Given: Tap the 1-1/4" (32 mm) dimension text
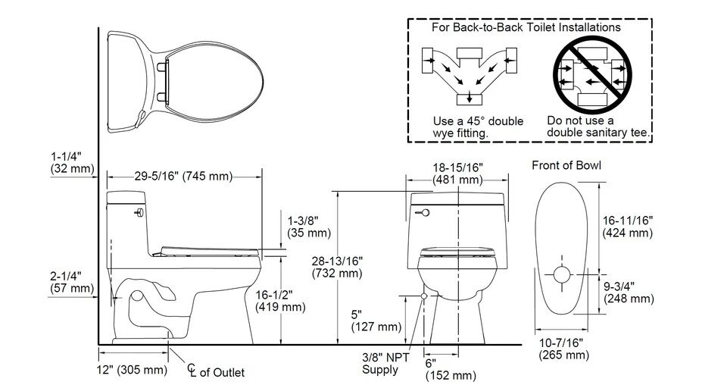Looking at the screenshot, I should (x=70, y=162).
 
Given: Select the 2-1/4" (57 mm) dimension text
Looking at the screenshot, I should (x=70, y=281).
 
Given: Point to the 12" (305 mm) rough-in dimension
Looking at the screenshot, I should (x=132, y=370).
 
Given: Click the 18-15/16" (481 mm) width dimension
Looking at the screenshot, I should (x=457, y=174).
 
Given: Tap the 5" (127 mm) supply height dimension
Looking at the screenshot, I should (x=376, y=320).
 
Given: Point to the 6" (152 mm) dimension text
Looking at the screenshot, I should (x=450, y=369).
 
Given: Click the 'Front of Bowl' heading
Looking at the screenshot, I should (x=566, y=165).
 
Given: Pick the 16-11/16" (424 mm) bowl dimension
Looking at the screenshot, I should (x=627, y=226).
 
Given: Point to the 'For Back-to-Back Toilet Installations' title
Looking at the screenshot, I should (x=526, y=27).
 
